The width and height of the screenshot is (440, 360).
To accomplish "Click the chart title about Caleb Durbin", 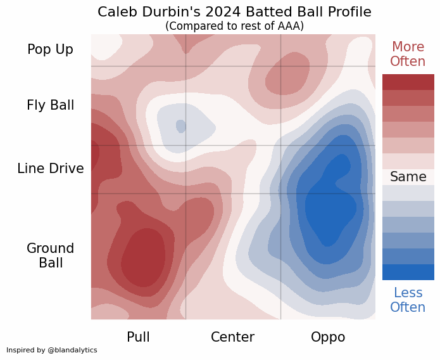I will coord(234,12).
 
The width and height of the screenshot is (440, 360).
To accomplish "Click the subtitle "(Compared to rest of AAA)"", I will coord(234,26).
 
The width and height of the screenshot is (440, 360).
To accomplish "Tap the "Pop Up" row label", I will coord(50,49).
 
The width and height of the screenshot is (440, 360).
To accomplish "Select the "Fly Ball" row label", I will coord(50,105).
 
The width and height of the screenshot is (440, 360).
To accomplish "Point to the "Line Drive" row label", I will coord(50,169).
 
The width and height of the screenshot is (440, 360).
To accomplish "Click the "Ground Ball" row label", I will coord(50,255).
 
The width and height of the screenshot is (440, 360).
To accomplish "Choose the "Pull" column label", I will coord(138,337).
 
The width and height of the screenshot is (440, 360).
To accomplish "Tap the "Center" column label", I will coord(232,337).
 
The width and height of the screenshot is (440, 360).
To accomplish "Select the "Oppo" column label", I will coord(328,337).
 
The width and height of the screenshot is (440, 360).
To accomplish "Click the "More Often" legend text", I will coord(408,54).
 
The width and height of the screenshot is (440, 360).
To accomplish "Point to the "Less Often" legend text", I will coord(408,300).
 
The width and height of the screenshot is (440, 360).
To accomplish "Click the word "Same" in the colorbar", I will coord(408,177).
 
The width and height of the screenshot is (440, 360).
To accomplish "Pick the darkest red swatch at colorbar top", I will coord(408,82).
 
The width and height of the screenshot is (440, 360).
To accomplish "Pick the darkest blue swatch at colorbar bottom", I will coord(408,272).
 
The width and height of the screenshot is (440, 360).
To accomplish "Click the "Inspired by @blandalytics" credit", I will coord(52,350).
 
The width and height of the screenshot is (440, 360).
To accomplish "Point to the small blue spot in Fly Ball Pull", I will coord(180,125).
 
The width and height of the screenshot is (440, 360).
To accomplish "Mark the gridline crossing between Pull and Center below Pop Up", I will coord(185,66).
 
